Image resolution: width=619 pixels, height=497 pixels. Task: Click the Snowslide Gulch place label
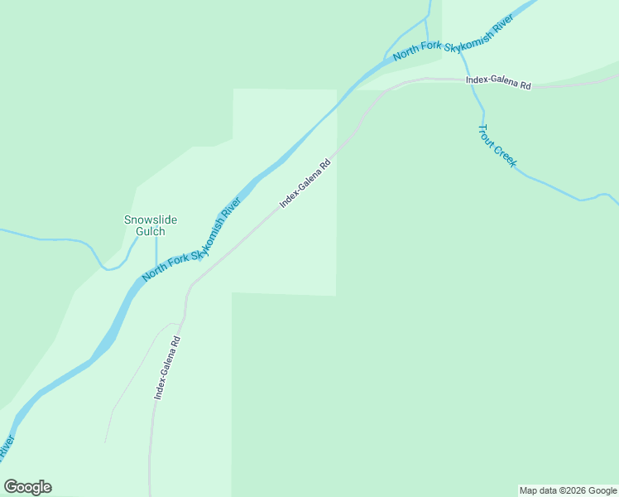pyautogui.click(x=151, y=225)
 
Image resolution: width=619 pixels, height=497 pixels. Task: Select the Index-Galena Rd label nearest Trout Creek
pyautogui.click(x=497, y=82)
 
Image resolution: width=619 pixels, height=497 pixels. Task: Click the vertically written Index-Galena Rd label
pyautogui.click(x=167, y=369)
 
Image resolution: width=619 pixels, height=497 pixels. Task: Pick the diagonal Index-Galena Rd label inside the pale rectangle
pyautogui.click(x=305, y=184)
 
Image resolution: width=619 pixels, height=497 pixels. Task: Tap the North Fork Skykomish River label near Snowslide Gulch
pyautogui.click(x=191, y=240)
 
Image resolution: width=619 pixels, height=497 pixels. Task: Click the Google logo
pyautogui.click(x=27, y=487)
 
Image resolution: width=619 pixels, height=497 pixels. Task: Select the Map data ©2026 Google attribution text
pyautogui.click(x=568, y=490)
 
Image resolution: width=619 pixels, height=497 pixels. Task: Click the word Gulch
pyautogui.click(x=151, y=232)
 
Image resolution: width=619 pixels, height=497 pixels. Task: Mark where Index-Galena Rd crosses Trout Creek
pyautogui.click(x=473, y=80)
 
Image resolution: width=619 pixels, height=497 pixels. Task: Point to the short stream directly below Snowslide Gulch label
pyautogui.click(x=156, y=248)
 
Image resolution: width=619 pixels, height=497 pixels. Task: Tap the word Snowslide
pyautogui.click(x=151, y=220)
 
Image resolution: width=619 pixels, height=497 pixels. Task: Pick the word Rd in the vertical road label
pyautogui.click(x=175, y=341)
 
